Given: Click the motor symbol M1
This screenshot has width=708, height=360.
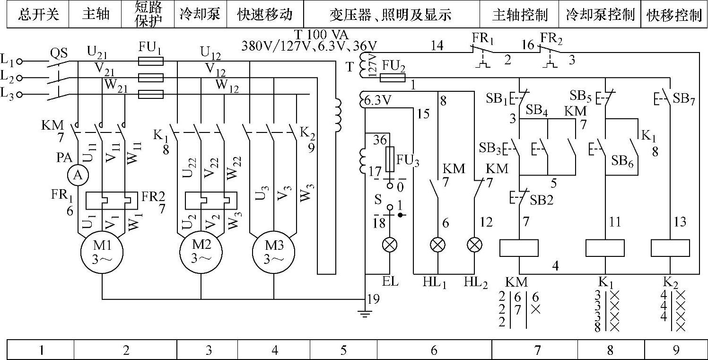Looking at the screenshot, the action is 102,252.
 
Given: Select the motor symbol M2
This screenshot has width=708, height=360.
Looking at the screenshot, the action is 201,252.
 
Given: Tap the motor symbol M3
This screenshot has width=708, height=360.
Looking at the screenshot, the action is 273,252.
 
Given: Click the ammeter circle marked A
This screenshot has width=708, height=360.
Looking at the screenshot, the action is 78,175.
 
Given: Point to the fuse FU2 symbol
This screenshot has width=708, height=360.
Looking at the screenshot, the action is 392,78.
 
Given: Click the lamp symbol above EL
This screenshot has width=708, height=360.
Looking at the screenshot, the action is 390,245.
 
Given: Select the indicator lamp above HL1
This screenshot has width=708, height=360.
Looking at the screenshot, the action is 438,245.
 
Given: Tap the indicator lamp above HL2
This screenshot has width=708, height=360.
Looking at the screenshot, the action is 474,245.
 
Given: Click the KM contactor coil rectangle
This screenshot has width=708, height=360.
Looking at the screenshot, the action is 519,248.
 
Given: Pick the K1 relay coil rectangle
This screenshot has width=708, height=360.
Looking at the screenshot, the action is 605,248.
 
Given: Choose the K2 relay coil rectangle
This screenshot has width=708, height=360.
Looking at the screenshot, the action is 670,248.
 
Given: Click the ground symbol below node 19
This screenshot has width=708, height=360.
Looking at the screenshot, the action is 365,314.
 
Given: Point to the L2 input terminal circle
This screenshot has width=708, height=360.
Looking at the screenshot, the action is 19,78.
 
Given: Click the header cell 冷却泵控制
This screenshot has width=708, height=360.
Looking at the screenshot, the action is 600,14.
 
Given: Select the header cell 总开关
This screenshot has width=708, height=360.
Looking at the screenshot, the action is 38,14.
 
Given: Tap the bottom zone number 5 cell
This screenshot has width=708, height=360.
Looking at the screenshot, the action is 343,350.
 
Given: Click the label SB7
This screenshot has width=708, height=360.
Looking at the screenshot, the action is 684,99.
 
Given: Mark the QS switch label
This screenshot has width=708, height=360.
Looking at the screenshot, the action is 59,53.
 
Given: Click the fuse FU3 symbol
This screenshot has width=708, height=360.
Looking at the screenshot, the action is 390,159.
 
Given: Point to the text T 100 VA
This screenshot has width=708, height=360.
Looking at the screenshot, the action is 322,35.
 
